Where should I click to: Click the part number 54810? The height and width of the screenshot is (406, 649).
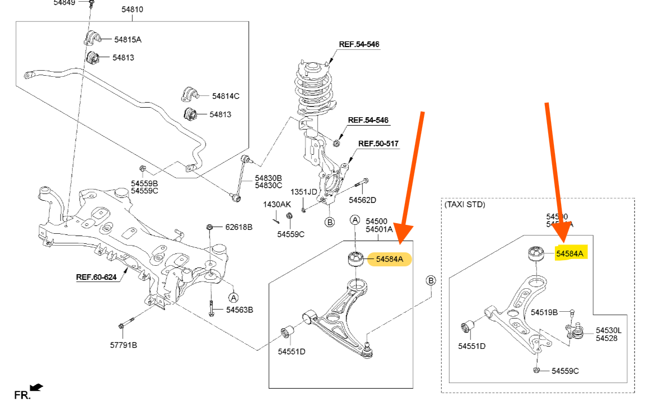click(132, 10)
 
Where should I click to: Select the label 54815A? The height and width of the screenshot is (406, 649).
click(128, 39)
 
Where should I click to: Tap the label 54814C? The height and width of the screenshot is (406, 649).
click(225, 96)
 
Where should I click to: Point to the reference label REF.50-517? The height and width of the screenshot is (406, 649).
click(379, 144)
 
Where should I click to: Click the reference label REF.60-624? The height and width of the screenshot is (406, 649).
click(97, 276)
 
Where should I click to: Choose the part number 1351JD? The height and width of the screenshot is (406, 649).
click(304, 192)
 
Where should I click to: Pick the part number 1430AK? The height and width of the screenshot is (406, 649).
click(277, 205)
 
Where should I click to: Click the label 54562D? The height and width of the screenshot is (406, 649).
click(362, 200)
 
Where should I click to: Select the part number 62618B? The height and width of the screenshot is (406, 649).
click(239, 227)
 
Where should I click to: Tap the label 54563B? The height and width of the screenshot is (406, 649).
click(240, 310)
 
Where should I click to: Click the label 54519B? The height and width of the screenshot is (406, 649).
click(544, 312)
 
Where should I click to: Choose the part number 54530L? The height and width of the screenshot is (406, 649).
click(608, 330)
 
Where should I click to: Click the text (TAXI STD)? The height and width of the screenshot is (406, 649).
click(465, 205)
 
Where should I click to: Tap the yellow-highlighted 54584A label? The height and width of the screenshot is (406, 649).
click(570, 254)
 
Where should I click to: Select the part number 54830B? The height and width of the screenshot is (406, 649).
click(268, 178)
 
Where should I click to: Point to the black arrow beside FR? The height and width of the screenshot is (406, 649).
click(36, 387)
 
